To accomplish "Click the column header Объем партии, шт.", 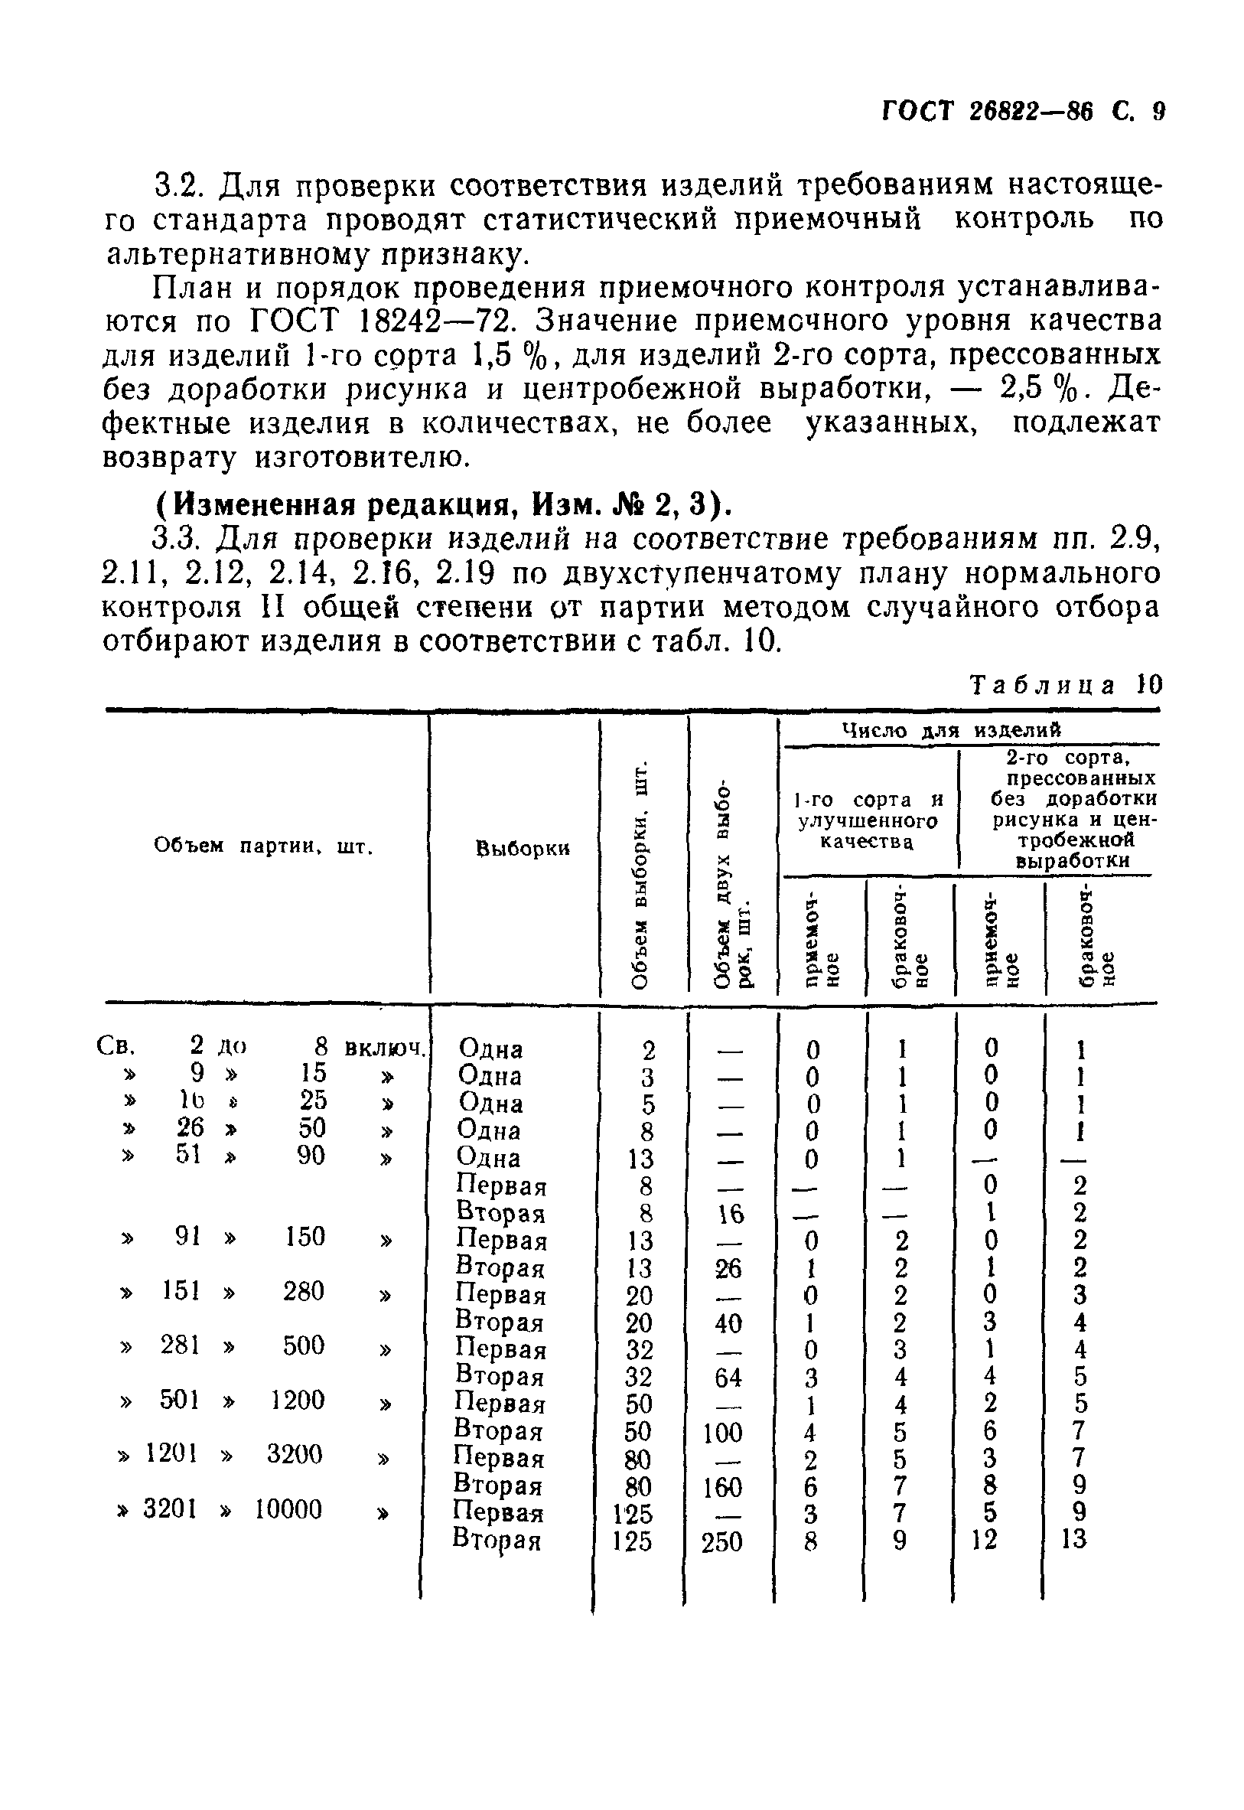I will [264, 846].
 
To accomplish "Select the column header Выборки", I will [523, 849].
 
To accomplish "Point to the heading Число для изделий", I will [953, 730].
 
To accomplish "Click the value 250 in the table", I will [722, 1542].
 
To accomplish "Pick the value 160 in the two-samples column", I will [722, 1487].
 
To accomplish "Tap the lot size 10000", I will [288, 1510].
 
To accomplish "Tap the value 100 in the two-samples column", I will [722, 1433].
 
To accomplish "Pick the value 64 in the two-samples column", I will [728, 1378].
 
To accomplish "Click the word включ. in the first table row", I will [386, 1047].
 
